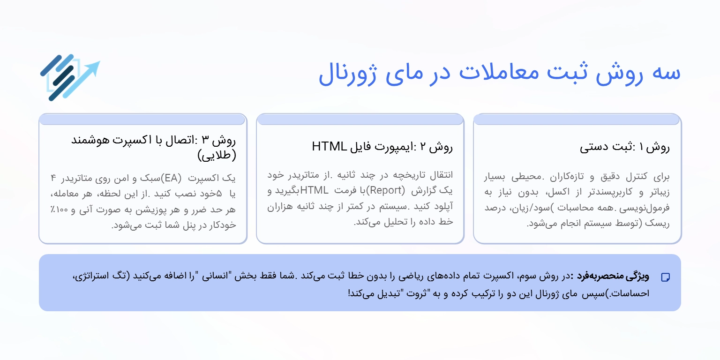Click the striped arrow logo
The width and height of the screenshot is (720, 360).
pyautogui.click(x=69, y=78)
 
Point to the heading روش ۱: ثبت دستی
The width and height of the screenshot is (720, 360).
pyautogui.click(x=625, y=148)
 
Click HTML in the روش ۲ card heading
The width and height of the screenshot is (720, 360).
pyautogui.click(x=329, y=147)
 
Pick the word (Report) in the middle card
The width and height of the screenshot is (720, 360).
pyautogui.click(x=385, y=191)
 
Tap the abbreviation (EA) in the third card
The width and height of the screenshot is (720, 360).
pyautogui.click(x=175, y=179)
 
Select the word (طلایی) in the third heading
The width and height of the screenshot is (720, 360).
pyautogui.click(x=217, y=155)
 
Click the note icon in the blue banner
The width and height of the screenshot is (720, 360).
pyautogui.click(x=665, y=277)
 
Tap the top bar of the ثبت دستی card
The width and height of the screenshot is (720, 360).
pyautogui.click(x=577, y=120)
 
